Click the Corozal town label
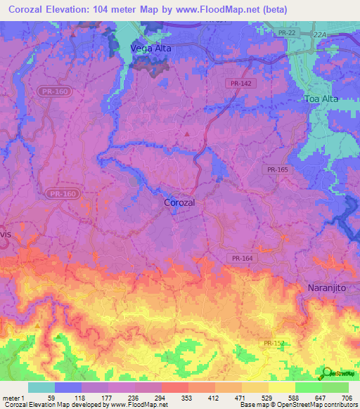(x=179, y=202)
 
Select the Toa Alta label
(x=321, y=99)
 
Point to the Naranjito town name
(x=329, y=287)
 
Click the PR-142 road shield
(x=240, y=83)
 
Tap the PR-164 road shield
(x=241, y=258)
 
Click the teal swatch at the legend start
(x=41, y=387)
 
